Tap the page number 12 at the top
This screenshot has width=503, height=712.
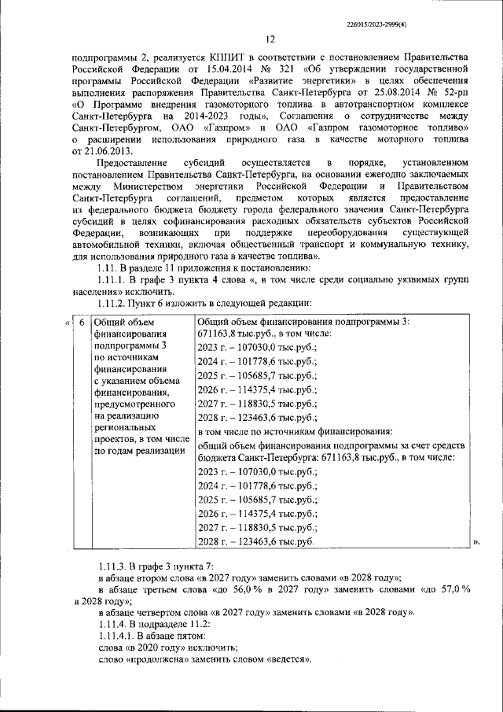coord(270,40)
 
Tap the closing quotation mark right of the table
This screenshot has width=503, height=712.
coord(476,542)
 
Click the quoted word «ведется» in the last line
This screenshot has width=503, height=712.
coord(287,659)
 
